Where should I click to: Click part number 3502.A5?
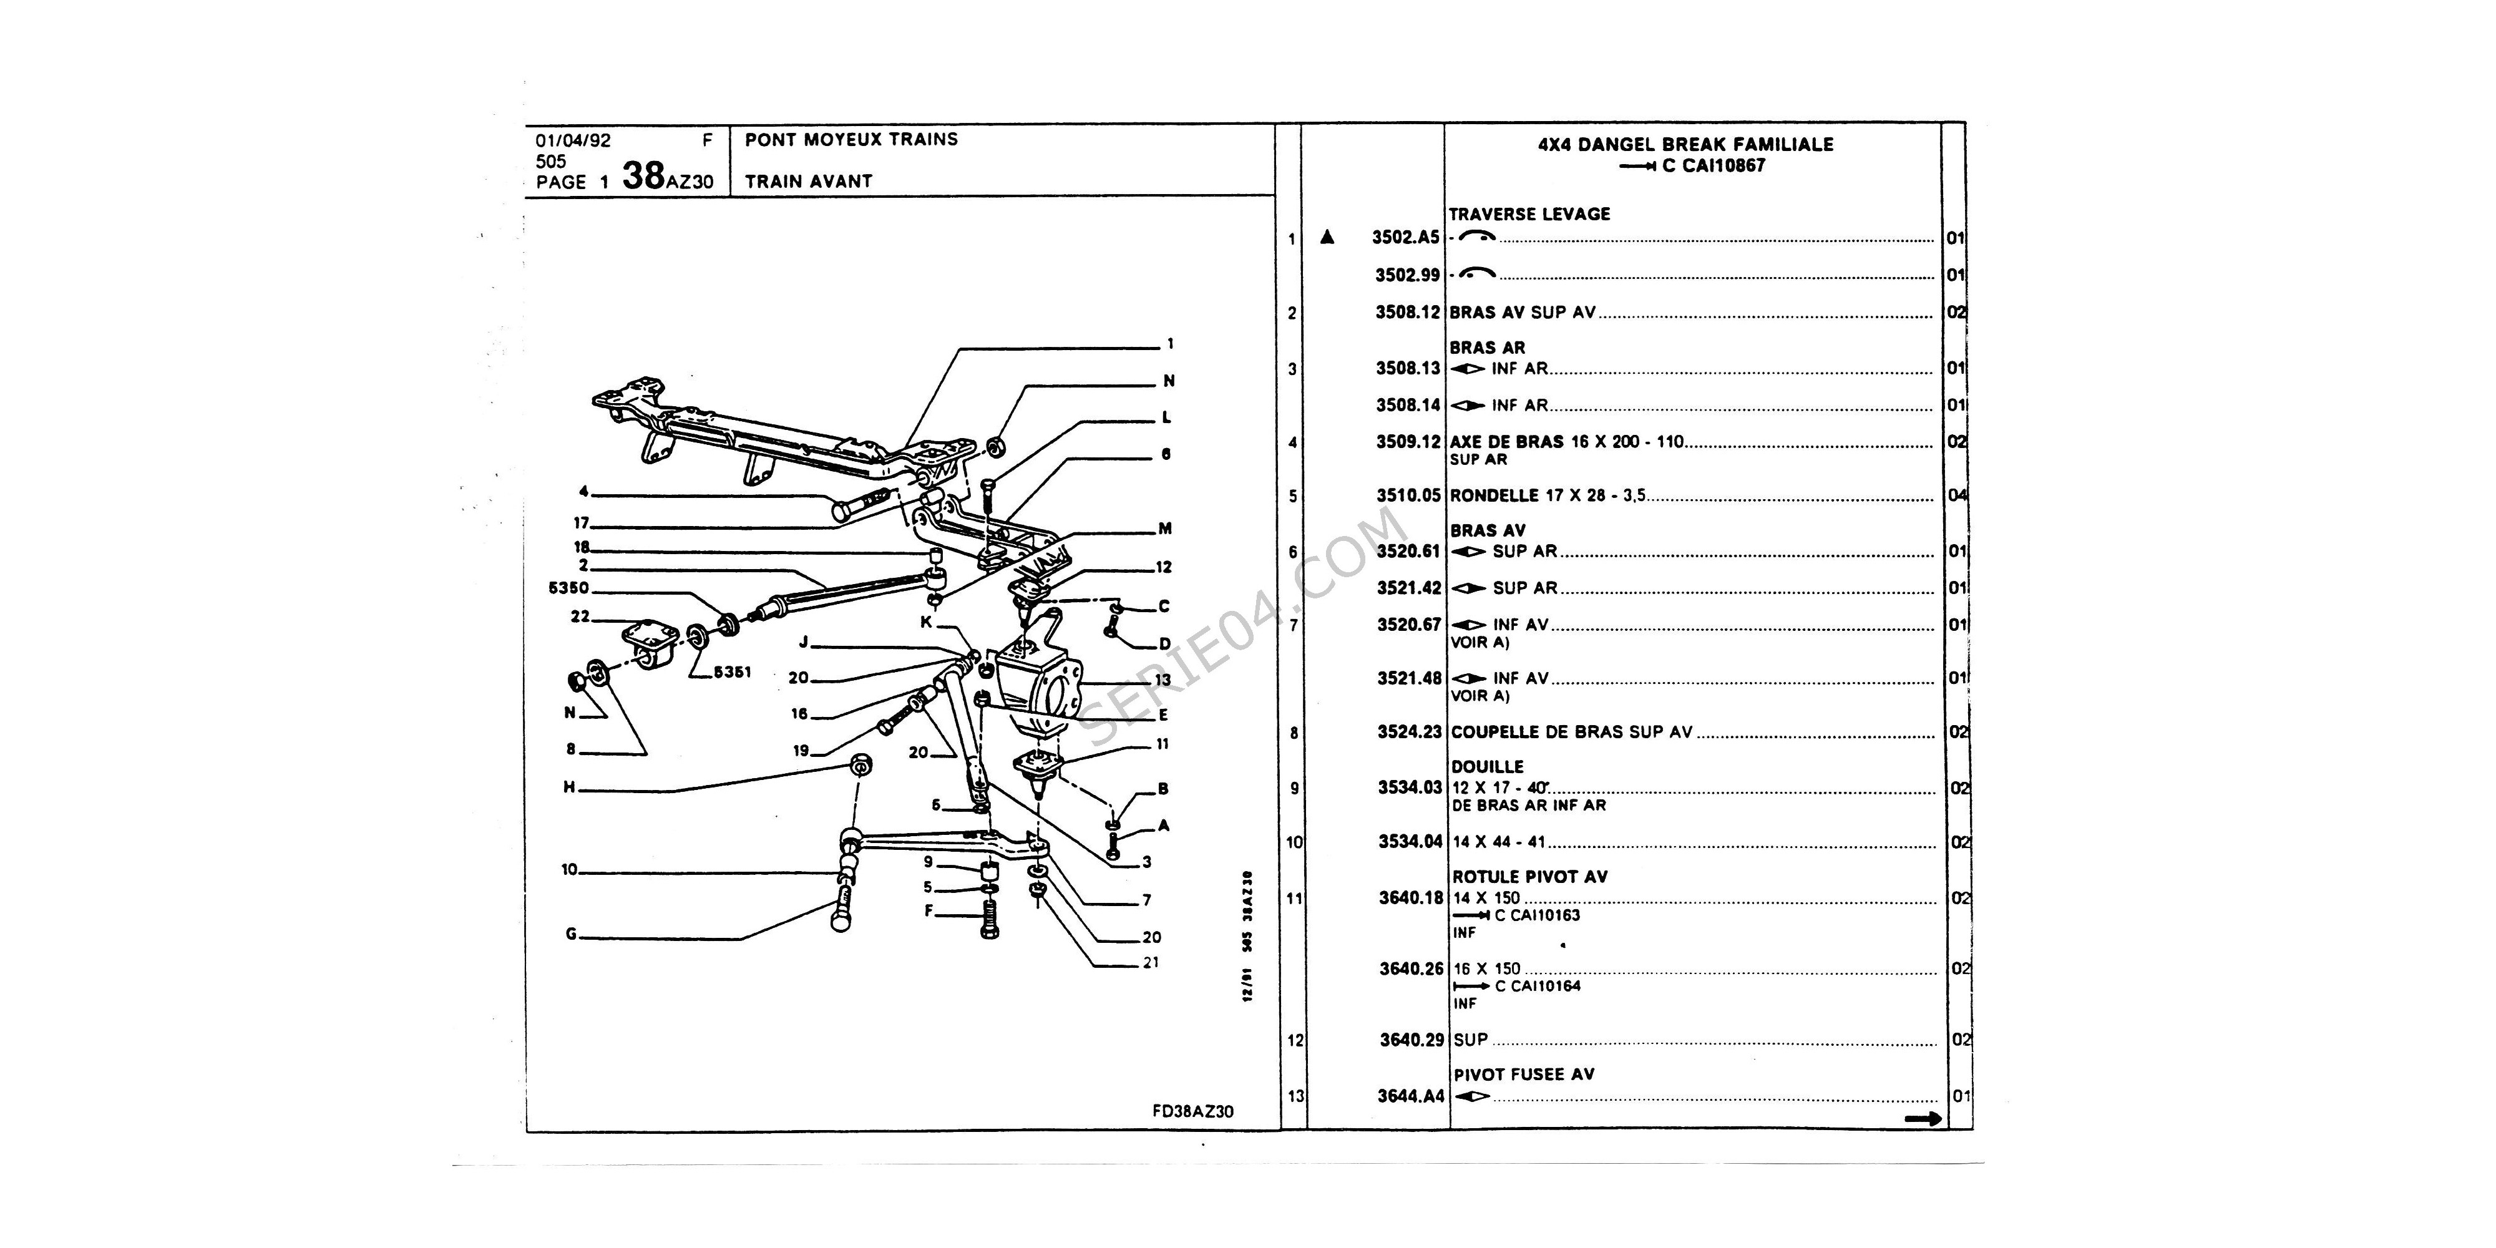1405,237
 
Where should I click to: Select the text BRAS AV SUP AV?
1522,313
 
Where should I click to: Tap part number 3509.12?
1408,442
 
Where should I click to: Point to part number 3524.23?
1410,733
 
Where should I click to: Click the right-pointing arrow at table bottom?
1923,1119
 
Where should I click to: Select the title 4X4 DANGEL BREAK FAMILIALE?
1685,144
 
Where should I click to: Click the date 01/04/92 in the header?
573,140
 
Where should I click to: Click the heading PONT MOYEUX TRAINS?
851,140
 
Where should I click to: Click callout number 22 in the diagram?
580,617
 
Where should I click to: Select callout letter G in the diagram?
571,934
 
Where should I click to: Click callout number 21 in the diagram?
1150,962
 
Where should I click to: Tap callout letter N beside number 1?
1169,381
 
